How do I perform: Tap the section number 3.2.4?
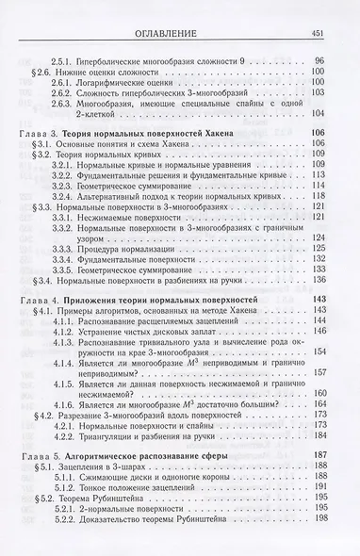click(67, 192)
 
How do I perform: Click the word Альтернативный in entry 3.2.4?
click(125, 192)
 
